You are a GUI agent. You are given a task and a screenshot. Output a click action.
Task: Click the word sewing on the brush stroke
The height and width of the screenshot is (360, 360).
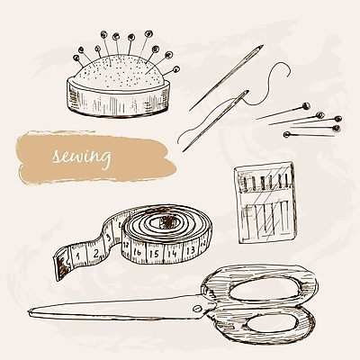click(x=81, y=157)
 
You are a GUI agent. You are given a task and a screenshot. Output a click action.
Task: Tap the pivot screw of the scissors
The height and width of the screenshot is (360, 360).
click(x=197, y=308)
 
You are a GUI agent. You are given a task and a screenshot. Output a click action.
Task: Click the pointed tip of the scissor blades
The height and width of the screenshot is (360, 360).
click(x=30, y=312)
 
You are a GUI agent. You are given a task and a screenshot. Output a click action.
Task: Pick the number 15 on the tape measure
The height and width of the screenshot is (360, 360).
click(x=154, y=254)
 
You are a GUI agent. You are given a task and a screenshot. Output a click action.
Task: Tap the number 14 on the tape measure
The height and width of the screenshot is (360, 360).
click(x=172, y=254)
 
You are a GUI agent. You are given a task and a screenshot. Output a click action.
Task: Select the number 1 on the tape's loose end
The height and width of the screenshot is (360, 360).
click(x=77, y=256)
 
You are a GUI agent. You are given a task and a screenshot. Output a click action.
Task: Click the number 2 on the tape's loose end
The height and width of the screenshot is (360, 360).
click(x=95, y=253)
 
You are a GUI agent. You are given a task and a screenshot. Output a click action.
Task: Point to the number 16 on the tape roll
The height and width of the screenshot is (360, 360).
click(x=137, y=252)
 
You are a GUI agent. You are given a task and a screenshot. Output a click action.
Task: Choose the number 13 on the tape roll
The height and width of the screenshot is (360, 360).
click(x=191, y=249)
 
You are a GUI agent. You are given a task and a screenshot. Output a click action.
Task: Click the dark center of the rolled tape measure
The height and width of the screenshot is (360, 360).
click(x=166, y=221)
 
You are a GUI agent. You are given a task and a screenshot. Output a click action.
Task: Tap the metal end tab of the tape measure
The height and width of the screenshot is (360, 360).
click(x=61, y=263)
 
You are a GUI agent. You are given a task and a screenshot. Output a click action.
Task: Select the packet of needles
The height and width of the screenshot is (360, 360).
click(x=265, y=202)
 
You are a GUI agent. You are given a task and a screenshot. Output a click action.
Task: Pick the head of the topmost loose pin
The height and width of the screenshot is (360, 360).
click(x=306, y=105)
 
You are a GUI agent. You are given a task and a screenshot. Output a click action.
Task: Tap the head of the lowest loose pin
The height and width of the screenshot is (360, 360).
click(x=287, y=134)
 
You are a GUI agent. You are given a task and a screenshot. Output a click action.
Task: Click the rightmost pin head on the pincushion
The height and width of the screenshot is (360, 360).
click(x=176, y=69)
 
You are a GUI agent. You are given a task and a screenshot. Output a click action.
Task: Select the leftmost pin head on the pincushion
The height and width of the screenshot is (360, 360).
click(x=76, y=58)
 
